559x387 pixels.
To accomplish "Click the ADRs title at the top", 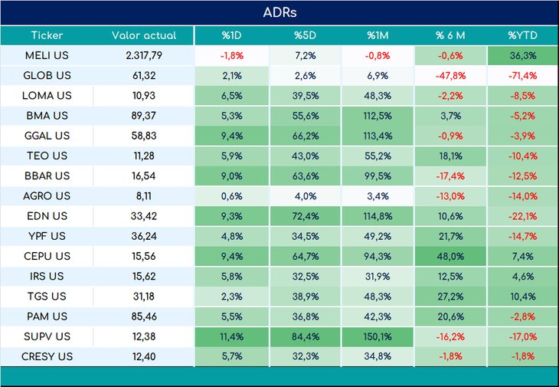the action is pos(279,12).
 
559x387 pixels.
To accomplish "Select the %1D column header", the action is pos(232,35).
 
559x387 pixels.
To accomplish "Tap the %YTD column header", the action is pos(523,35).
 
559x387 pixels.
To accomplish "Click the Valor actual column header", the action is pos(144,35).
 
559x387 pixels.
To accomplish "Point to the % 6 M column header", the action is pos(450,35).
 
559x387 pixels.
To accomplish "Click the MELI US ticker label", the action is pos(47,56).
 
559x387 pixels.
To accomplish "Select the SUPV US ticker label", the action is pos(47,336).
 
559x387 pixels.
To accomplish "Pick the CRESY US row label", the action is pos(47,356).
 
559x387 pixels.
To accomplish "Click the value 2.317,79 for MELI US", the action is pos(144,56).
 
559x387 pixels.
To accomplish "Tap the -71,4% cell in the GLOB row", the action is pos(523,76).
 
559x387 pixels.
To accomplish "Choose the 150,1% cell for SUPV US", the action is pos(378,336).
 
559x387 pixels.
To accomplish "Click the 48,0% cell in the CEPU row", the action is pos(450,256).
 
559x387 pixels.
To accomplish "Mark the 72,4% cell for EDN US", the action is pos(306,216).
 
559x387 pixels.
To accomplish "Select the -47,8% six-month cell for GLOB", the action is pos(450,76).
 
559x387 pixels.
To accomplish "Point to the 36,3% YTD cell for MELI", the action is pos(523,56).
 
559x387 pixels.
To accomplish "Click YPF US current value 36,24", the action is pos(144,236).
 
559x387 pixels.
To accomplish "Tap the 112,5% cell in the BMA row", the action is pos(378,116).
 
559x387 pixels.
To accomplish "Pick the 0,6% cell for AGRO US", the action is pos(232,196).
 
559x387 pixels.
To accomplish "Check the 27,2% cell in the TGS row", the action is pos(450,296).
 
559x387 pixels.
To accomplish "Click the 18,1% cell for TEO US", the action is pos(450,156).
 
